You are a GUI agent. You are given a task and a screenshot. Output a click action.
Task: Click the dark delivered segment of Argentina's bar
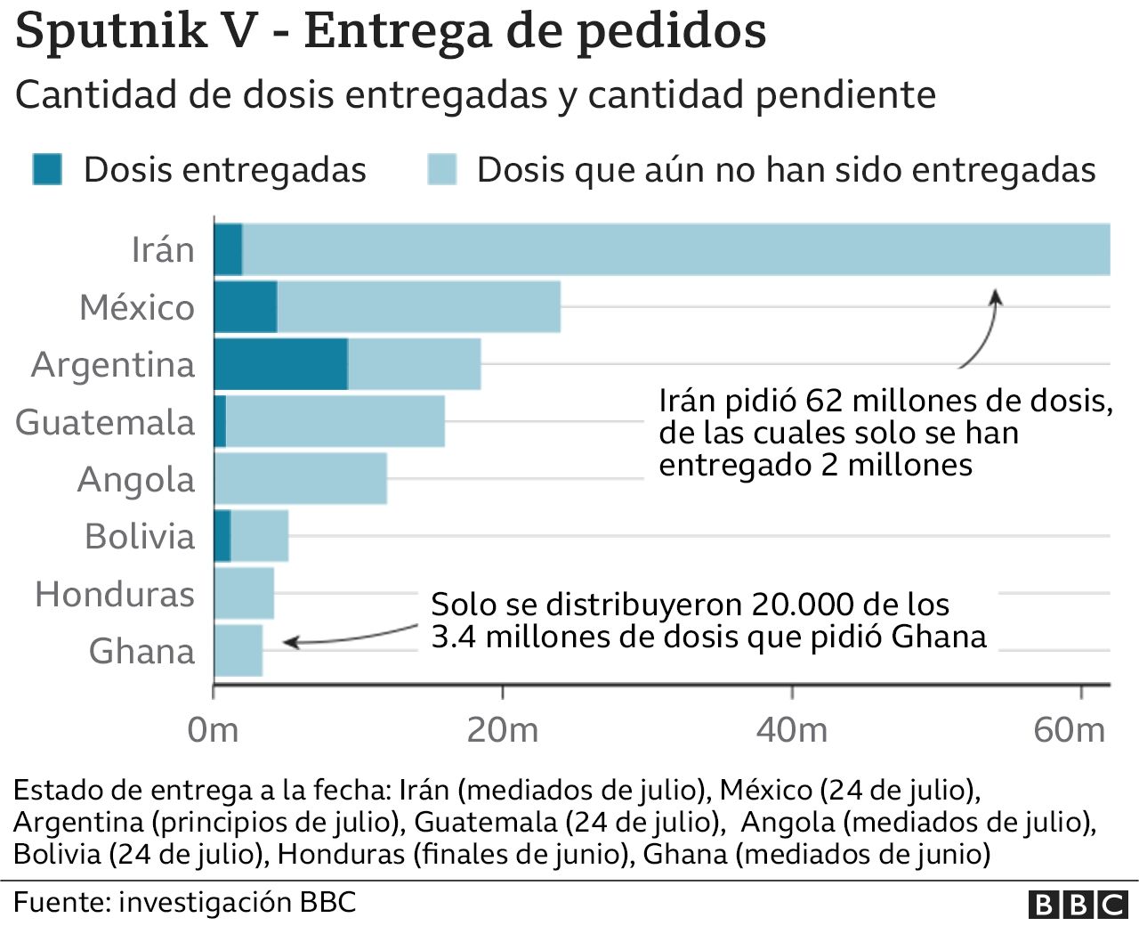click(x=280, y=364)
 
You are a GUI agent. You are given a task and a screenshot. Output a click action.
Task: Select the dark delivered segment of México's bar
click(x=246, y=307)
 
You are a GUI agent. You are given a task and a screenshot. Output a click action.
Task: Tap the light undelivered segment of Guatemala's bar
click(x=335, y=422)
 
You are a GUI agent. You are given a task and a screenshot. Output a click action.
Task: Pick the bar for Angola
click(x=301, y=479)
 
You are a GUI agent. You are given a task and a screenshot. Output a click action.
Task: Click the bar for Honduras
click(x=244, y=594)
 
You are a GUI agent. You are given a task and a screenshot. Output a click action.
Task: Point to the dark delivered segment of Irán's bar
click(x=228, y=250)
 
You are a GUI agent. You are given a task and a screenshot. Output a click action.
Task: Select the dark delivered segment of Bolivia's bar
click(x=222, y=536)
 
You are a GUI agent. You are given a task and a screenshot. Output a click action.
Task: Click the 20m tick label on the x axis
click(x=503, y=730)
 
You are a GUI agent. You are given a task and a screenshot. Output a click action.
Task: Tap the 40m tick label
click(x=792, y=730)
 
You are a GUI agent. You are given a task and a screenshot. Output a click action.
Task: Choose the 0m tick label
click(x=214, y=730)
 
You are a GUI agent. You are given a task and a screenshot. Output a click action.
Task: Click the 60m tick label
click(x=1069, y=730)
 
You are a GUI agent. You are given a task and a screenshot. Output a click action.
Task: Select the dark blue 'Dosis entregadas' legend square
click(x=47, y=169)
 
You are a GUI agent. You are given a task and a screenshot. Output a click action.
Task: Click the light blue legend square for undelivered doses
click(x=441, y=169)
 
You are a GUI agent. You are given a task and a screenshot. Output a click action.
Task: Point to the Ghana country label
click(x=141, y=652)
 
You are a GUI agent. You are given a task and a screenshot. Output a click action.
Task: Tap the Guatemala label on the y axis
click(x=105, y=422)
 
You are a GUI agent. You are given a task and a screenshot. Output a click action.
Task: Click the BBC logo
click(x=1078, y=905)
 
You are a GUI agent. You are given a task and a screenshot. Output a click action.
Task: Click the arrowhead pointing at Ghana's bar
click(x=288, y=641)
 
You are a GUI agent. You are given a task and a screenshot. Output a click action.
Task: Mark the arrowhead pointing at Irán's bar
click(x=996, y=296)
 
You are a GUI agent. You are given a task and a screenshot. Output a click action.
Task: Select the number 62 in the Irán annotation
click(x=824, y=401)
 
